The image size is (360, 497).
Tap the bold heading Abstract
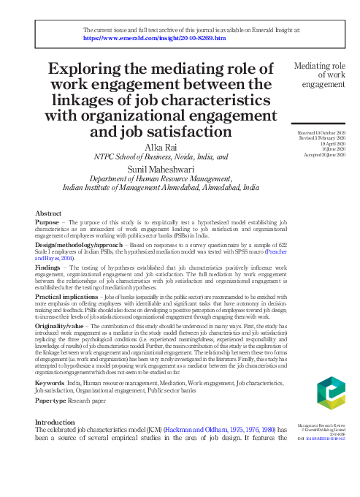[x=48, y=213]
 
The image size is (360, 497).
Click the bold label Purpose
[x=47, y=222]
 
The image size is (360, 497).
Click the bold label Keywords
[x=49, y=382]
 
